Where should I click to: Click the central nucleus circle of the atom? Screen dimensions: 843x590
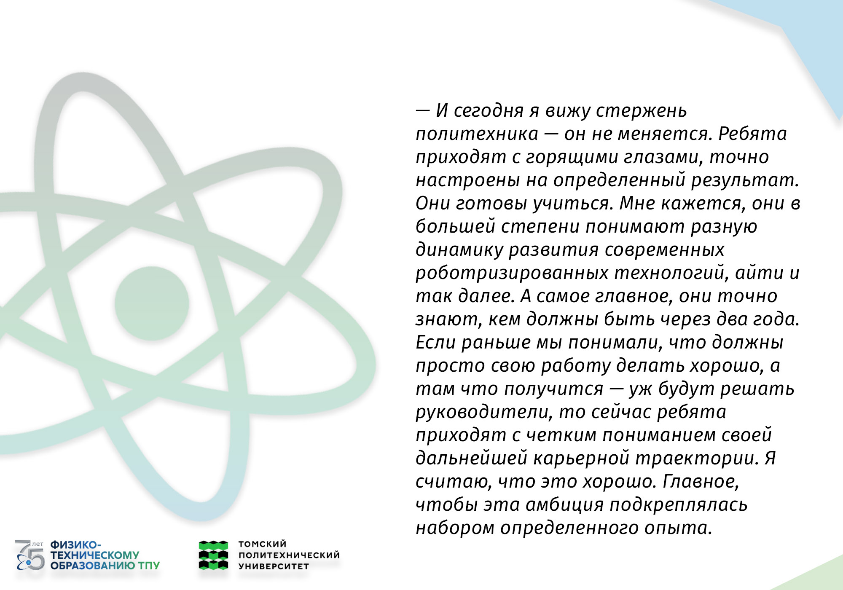152,303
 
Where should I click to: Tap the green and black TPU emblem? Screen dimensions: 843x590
213,555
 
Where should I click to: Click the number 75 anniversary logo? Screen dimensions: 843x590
30,555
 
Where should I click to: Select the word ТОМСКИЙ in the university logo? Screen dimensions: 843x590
263,544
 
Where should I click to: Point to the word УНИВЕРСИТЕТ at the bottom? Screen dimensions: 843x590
274,566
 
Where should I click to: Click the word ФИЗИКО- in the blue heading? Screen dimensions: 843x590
76,544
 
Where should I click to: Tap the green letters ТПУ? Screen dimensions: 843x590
149,566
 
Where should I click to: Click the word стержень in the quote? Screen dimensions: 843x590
641,111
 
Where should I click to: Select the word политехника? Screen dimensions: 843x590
477,134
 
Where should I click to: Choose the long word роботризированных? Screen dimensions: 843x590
512,273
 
